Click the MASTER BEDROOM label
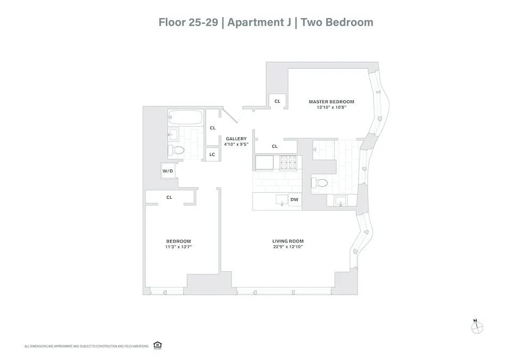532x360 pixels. click(x=331, y=102)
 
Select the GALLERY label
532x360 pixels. click(x=236, y=139)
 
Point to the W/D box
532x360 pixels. click(x=168, y=171)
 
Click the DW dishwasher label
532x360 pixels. click(x=294, y=200)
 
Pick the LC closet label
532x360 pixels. click(x=212, y=155)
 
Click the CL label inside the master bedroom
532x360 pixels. click(x=277, y=101)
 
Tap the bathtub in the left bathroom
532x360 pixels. click(x=185, y=117)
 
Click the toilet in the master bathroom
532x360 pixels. click(x=321, y=182)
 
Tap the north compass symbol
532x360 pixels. click(x=477, y=328)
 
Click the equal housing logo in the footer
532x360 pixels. click(x=157, y=345)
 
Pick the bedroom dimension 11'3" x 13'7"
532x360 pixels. click(x=179, y=247)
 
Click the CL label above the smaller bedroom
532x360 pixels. click(x=169, y=197)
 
